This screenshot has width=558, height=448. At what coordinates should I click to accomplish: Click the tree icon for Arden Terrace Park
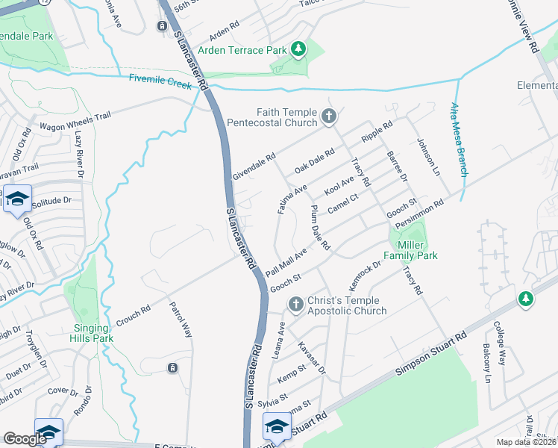pyautogui.click(x=298, y=49)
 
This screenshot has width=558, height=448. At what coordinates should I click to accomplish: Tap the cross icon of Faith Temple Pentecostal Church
pyautogui.click(x=329, y=116)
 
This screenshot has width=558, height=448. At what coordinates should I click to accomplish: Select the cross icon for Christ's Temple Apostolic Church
pyautogui.click(x=295, y=305)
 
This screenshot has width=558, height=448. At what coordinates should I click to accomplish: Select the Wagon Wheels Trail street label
pyautogui.click(x=75, y=121)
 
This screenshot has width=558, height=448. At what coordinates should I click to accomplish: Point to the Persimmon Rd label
pyautogui.click(x=420, y=213)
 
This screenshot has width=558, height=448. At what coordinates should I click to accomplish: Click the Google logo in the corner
pyautogui.click(x=25, y=439)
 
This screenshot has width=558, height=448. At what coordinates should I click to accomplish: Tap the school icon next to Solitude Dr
pyautogui.click(x=17, y=199)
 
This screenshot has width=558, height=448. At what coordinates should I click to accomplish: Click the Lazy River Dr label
pyautogui.click(x=79, y=155)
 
